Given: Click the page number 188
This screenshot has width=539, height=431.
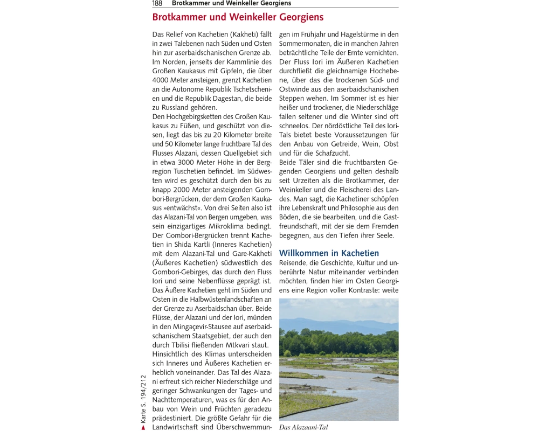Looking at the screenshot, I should pos(157,3).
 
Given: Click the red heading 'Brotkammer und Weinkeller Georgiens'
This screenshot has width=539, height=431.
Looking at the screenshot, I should pos(238,17).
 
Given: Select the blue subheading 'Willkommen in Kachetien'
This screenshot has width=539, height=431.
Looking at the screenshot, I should pos(329,253).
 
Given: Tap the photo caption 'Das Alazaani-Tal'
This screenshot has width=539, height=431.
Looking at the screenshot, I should pos(303,427).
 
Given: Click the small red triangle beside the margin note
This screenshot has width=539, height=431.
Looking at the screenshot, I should pos(143,428).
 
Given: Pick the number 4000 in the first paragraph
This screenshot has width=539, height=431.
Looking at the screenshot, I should pos(162,80).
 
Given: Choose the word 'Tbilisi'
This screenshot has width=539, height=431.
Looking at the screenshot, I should pos(183,345).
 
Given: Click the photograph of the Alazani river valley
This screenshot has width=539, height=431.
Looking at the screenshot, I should pos(338,359).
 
